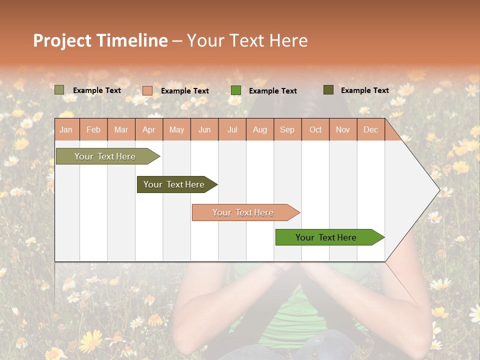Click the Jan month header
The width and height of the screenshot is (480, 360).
pyautogui.click(x=66, y=130)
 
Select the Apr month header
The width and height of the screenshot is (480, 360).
pyautogui.click(x=148, y=130)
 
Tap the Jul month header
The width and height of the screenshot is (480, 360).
pyautogui.click(x=232, y=130)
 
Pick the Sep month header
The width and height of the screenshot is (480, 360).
pyautogui.click(x=287, y=130)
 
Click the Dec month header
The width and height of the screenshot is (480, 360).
pyautogui.click(x=370, y=130)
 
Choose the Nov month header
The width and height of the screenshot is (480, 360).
pyautogui.click(x=342, y=130)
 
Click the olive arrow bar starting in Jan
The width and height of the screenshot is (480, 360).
pyautogui.click(x=105, y=156)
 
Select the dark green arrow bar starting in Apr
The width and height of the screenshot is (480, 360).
pyautogui.click(x=174, y=184)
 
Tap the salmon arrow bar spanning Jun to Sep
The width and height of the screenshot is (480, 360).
pyautogui.click(x=243, y=212)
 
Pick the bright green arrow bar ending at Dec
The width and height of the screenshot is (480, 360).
pyautogui.click(x=326, y=237)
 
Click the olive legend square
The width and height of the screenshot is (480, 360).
pyautogui.click(x=59, y=90)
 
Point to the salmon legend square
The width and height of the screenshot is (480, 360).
pyautogui.click(x=147, y=90)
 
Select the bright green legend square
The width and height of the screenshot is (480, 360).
pyautogui.click(x=236, y=90)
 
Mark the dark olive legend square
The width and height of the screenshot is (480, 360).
pyautogui.click(x=328, y=90)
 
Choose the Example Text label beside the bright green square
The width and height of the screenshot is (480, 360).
pyautogui.click(x=272, y=91)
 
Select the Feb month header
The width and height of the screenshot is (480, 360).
pyautogui.click(x=93, y=130)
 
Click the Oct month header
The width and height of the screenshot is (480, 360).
pyautogui.click(x=315, y=130)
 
